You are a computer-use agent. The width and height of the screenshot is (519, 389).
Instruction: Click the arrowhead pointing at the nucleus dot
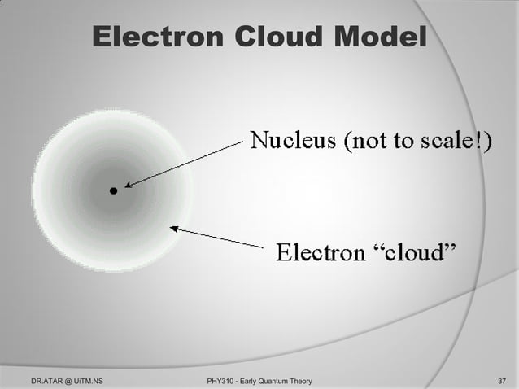tap(129, 186)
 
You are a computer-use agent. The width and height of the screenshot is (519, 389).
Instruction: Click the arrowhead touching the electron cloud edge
tap(174, 229)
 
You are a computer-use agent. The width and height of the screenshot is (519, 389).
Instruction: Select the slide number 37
tap(501, 379)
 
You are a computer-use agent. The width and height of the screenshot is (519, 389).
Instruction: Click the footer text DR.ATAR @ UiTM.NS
tap(66, 379)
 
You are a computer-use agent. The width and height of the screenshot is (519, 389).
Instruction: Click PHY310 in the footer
tap(223, 379)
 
